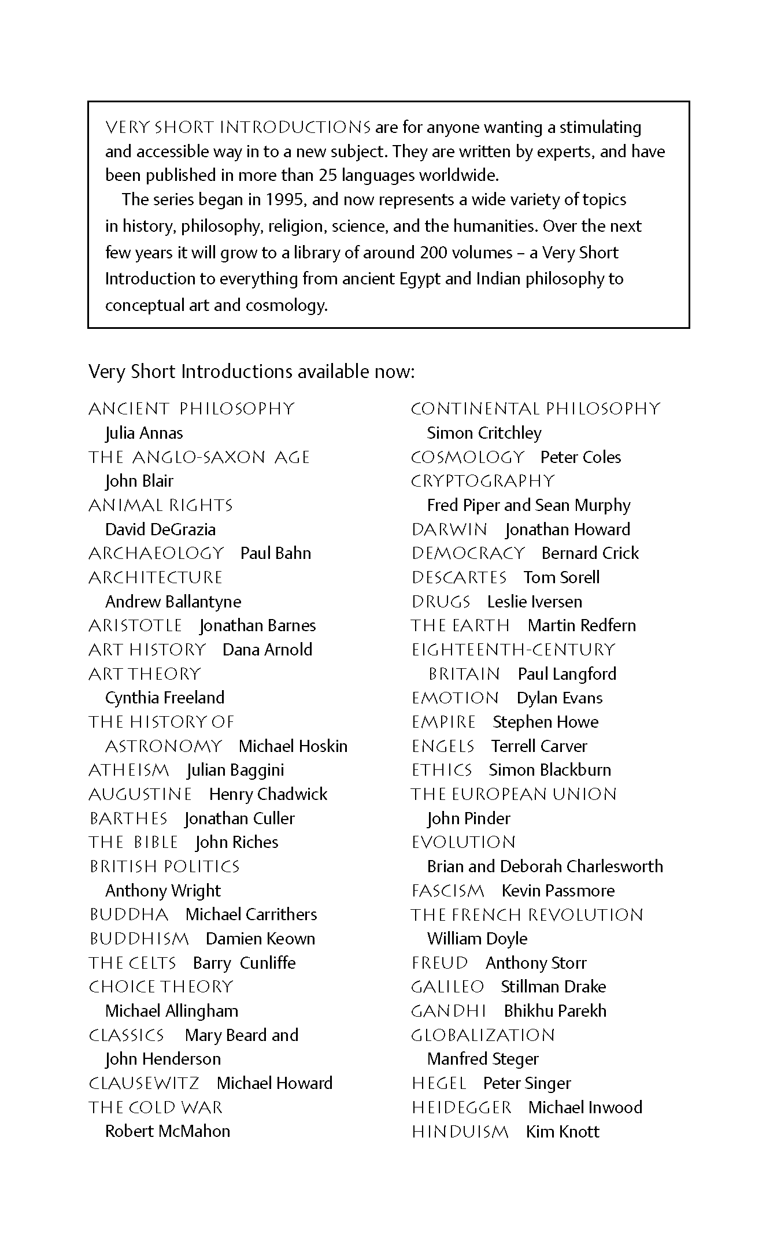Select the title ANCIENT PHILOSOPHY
tap(191, 409)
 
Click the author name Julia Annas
tap(144, 433)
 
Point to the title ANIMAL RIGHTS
tap(161, 505)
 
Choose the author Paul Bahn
tap(276, 553)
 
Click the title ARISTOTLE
tap(135, 625)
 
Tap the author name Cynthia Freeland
tap(165, 698)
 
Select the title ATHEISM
tap(129, 770)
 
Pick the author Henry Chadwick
tap(268, 794)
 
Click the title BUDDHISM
tap(139, 939)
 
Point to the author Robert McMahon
tap(168, 1131)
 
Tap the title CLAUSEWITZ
tap(144, 1083)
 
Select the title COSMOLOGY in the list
tap(467, 457)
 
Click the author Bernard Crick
tap(590, 553)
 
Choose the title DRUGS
tap(441, 602)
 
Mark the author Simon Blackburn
tap(550, 770)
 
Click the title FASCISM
tap(448, 891)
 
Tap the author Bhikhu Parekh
tap(555, 1011)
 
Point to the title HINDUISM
tap(460, 1131)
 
